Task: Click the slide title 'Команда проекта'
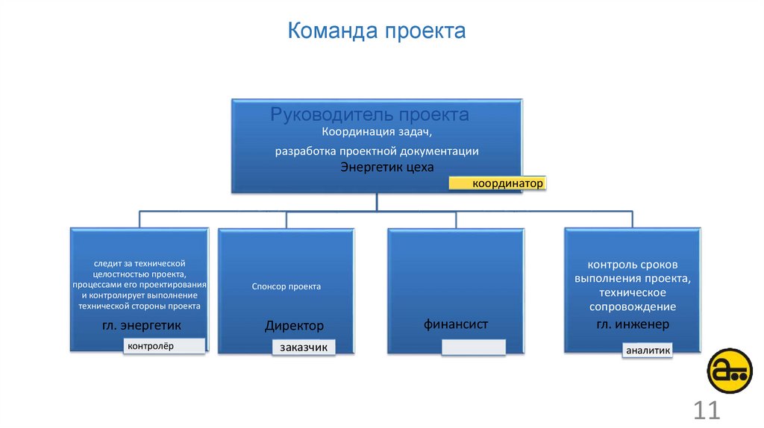[377, 31]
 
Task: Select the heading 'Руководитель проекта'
[369, 115]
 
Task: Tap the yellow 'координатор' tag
[498, 183]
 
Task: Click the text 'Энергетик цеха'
[386, 167]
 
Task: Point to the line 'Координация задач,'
[377, 132]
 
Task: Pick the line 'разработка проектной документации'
[377, 151]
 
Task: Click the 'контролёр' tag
[165, 345]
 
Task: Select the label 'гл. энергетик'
[141, 326]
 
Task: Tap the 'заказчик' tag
[304, 347]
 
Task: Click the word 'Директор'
[294, 326]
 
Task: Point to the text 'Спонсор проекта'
[286, 286]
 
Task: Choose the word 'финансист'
[456, 324]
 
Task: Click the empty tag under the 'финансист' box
[473, 347]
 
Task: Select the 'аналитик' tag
[648, 350]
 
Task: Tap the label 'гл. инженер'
[632, 324]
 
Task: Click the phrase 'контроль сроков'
[633, 265]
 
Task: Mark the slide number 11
[706, 410]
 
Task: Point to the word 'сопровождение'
[633, 306]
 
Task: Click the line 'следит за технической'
[140, 263]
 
